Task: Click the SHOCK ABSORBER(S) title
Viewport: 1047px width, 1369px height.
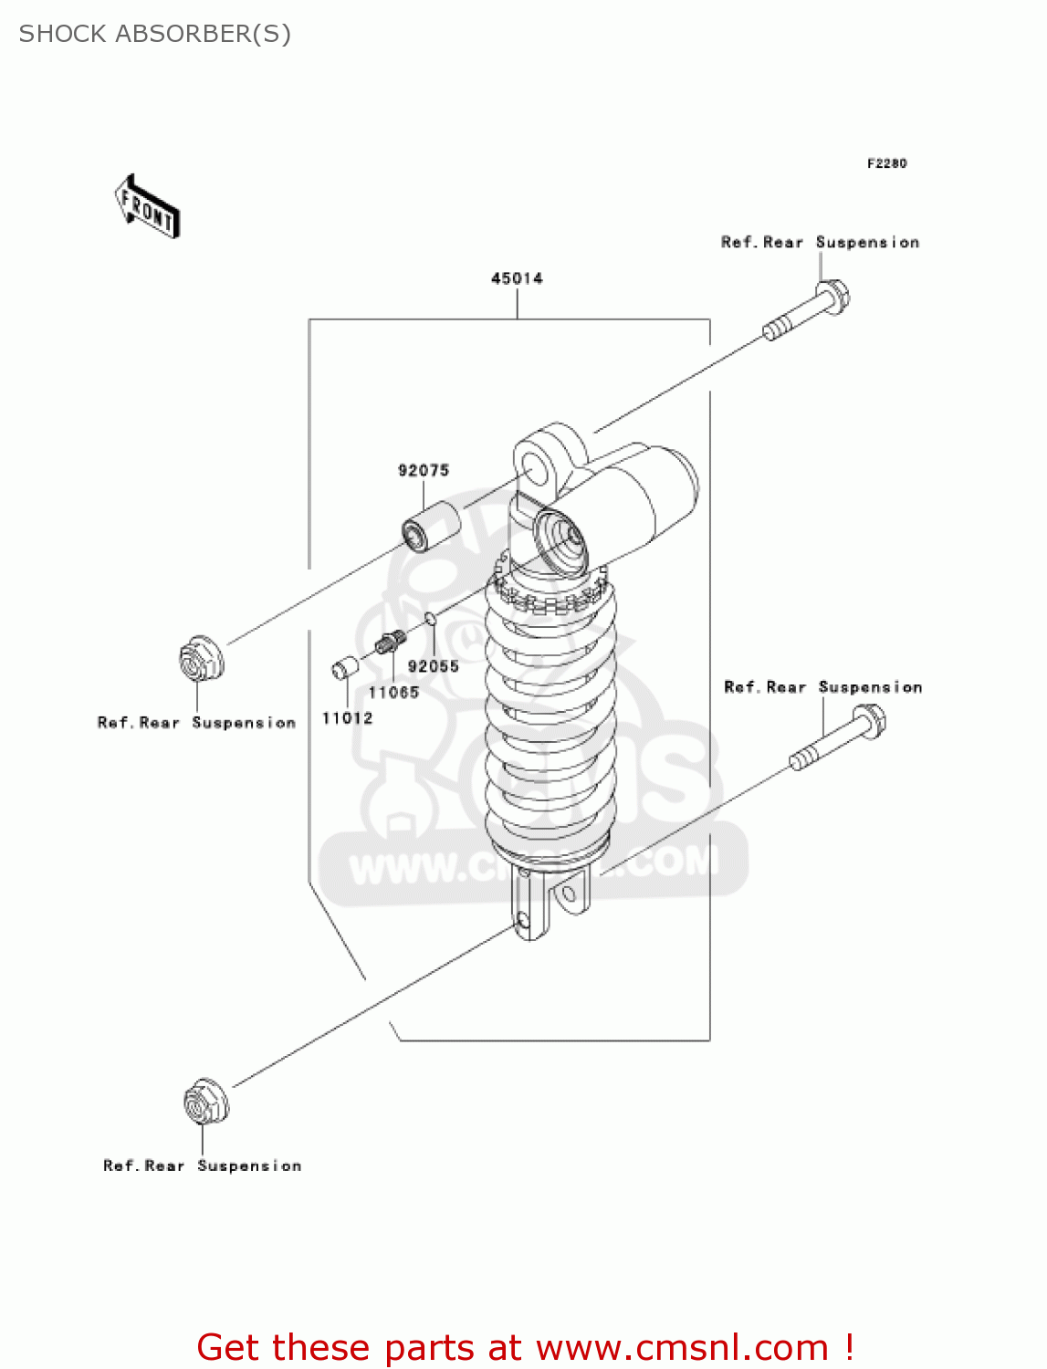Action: tap(155, 34)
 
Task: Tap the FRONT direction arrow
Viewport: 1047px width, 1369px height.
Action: tap(147, 207)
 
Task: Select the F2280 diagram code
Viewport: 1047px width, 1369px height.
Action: tap(886, 163)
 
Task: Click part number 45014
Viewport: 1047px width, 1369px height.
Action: tap(517, 278)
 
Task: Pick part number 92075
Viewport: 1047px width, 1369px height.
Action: tap(424, 470)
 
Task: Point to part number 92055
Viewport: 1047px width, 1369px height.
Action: tap(433, 666)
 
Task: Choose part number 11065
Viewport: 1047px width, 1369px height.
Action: tap(393, 693)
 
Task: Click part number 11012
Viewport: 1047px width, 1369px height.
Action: tap(347, 718)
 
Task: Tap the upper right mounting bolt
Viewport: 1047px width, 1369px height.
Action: tap(808, 312)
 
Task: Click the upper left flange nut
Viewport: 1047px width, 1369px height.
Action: tap(200, 658)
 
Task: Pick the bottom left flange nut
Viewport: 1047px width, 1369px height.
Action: tap(205, 1102)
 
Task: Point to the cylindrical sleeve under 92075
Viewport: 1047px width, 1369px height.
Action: tap(430, 530)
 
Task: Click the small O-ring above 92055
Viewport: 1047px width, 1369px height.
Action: tap(430, 621)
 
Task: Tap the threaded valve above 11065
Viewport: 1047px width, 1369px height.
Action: tap(390, 642)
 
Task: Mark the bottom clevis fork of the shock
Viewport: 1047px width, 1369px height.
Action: tap(548, 904)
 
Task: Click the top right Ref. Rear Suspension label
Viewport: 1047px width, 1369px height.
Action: tap(820, 242)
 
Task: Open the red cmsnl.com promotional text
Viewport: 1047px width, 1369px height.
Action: tap(525, 1347)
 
